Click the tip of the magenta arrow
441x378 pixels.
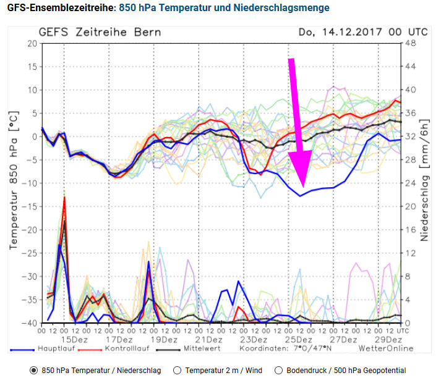(302, 186)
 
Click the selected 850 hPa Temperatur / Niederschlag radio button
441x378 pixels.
(33, 371)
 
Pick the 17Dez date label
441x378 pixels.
(119, 340)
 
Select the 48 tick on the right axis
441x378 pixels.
(409, 43)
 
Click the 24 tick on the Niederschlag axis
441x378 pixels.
(409, 183)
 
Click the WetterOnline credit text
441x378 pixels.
(378, 349)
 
